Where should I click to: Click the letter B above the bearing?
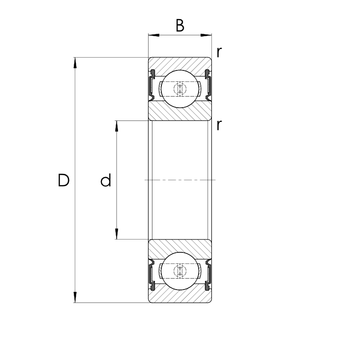180,26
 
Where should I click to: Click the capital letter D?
63,180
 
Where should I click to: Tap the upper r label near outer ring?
219,52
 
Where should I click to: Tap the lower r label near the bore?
219,125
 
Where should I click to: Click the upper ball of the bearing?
180,89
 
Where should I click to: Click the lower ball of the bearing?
180,271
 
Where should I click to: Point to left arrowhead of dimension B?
154,35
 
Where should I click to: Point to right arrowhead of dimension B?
206,35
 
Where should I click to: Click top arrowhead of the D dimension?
75,63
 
